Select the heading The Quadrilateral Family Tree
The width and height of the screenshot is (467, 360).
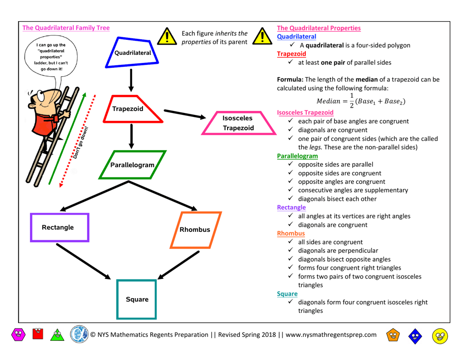click(66, 28)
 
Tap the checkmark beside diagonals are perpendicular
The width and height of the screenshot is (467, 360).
click(292, 251)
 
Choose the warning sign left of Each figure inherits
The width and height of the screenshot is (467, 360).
click(169, 36)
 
